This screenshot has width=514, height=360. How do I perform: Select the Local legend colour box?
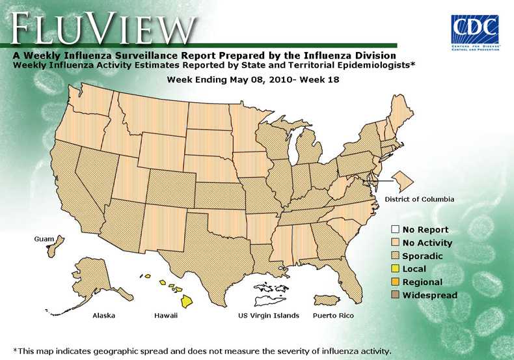click(x=395, y=269)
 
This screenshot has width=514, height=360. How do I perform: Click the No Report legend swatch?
click(x=395, y=230)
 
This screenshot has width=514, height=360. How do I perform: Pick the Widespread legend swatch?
click(x=395, y=295)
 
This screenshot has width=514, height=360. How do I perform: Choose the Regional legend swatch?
click(x=395, y=282)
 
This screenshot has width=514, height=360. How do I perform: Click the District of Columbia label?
click(x=419, y=199)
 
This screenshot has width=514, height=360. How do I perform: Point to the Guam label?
click(x=44, y=240)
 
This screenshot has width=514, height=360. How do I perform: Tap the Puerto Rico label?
click(x=333, y=316)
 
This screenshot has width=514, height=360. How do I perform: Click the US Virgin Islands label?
click(x=269, y=316)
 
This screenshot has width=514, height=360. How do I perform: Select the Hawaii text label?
click(x=166, y=316)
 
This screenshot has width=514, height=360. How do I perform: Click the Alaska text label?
click(x=104, y=316)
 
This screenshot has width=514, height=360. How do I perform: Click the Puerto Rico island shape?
click(x=327, y=299)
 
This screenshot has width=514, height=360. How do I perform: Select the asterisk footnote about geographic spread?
click(x=202, y=351)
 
